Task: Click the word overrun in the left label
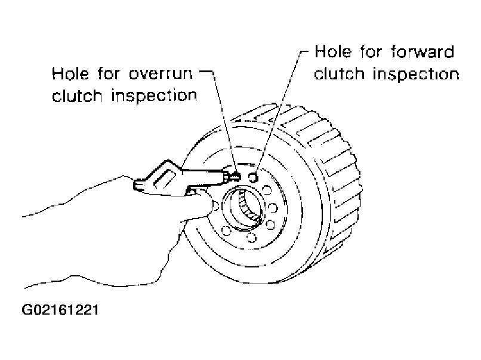pos(161,73)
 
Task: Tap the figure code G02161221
pos(60,310)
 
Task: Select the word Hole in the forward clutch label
pos(333,51)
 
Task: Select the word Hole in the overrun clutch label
pos(70,73)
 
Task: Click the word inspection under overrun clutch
pos(154,96)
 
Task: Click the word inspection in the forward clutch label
pos(416,74)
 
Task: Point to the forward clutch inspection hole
pos(253,177)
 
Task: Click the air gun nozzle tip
pos(236,177)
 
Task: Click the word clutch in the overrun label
pos(77,96)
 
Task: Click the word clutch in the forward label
pos(339,74)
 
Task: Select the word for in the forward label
pos(371,51)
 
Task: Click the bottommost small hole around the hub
pos(252,237)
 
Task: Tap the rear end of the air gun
pos(136,186)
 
